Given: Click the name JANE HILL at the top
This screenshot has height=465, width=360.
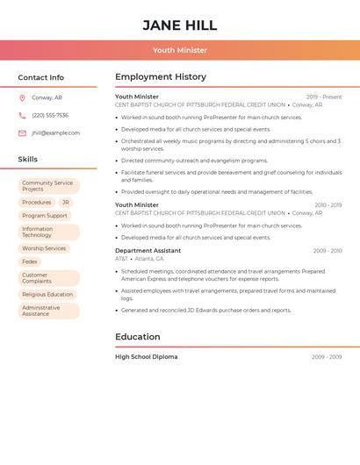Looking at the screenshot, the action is point(179,25).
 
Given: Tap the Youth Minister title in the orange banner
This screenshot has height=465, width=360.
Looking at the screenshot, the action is point(179,50).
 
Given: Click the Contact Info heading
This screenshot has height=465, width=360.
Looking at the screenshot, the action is point(41,77).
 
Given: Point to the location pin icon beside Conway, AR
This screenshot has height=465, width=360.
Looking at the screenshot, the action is point(22,98).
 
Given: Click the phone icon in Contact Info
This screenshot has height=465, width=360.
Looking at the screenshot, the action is point(22,116).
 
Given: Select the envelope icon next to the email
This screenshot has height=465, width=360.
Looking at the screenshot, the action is point(22,133).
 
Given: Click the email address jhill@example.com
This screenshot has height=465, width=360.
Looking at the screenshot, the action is point(55,133).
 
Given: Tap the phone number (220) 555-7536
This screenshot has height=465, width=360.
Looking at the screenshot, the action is point(50,116).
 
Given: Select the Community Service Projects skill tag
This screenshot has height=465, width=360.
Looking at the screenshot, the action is point(48,186).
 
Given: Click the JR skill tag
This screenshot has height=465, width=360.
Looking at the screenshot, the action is point(66,202).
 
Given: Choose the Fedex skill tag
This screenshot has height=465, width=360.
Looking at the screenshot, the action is point(30,261).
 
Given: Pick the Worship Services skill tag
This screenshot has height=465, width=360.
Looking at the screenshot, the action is point(44,248).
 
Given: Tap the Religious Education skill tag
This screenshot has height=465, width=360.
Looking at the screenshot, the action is point(47,295).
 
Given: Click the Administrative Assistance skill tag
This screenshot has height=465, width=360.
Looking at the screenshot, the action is point(42,311).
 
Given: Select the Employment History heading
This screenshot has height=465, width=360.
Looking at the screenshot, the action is point(161,77).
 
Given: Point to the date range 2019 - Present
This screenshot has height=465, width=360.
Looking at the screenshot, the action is point(324,97).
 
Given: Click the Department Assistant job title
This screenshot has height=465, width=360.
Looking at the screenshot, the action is point(148,251).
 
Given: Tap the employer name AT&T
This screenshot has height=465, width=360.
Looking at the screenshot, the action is point(121,259).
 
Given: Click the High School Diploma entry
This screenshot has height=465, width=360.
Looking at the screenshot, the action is point(146,357).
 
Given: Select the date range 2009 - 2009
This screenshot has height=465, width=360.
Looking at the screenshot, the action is point(327,357).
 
